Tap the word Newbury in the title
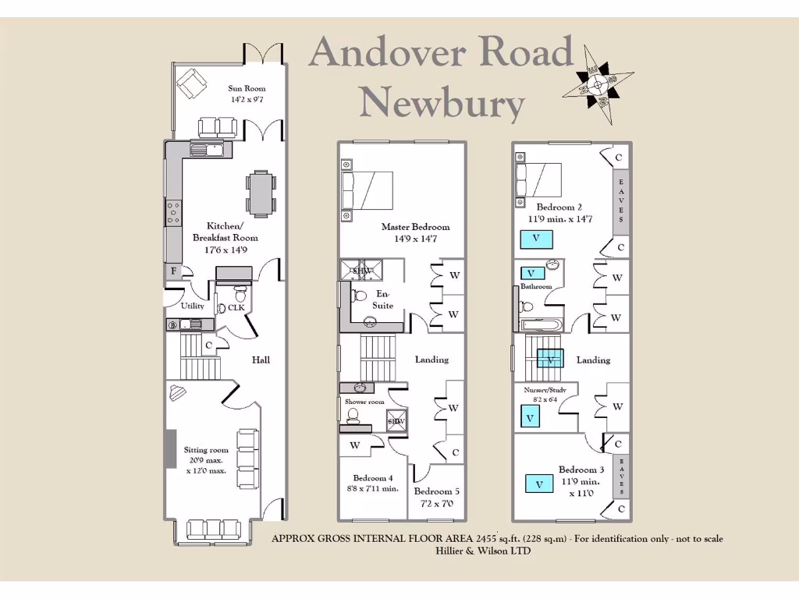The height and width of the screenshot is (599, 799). [x=442, y=102]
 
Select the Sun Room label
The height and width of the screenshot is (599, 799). [x=241, y=89]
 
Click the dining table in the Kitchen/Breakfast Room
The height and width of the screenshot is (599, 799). [x=261, y=193]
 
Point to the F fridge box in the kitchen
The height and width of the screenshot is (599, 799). [x=172, y=271]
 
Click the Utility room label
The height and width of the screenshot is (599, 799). [x=193, y=307]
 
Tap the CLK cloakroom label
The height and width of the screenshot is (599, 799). [x=236, y=307]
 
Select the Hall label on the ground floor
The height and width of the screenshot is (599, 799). [x=261, y=360]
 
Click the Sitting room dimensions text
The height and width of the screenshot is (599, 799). [x=206, y=466]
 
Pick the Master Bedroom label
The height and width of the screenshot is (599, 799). [x=415, y=227]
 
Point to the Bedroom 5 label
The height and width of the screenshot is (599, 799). [x=437, y=491]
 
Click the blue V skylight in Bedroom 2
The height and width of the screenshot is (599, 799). [x=537, y=238]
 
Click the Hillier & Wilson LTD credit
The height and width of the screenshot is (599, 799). [x=482, y=551]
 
